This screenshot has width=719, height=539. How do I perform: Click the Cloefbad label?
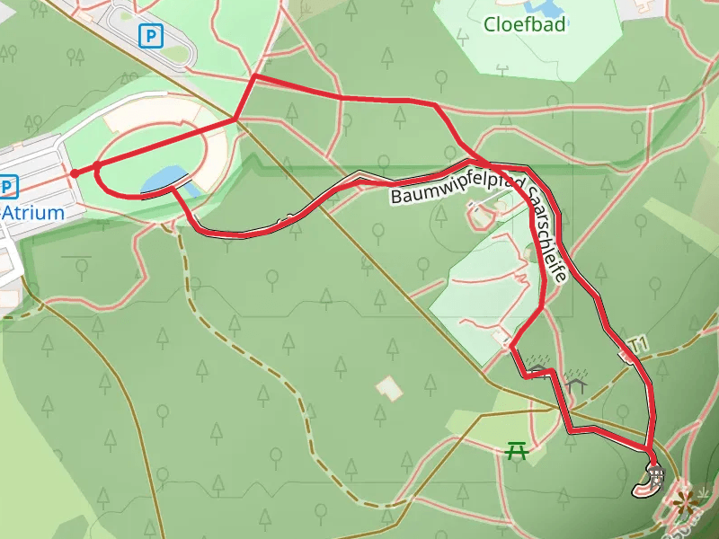pyautogui.click(x=525, y=24)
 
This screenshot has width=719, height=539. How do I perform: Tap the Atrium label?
pyautogui.click(x=34, y=213)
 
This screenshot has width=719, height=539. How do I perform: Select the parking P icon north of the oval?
pyautogui.click(x=151, y=36)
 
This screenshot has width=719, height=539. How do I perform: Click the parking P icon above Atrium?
pyautogui.click(x=8, y=187)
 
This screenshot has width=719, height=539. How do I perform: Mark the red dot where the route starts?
pyautogui.click(x=75, y=172)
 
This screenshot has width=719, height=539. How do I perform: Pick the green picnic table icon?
pyautogui.click(x=517, y=449)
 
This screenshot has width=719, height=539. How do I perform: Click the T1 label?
pyautogui.click(x=639, y=343)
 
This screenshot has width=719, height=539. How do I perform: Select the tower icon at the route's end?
pyautogui.click(x=655, y=472)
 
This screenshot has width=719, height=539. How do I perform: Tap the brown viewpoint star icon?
pyautogui.click(x=686, y=500)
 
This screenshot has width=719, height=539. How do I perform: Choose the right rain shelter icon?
pyautogui.click(x=576, y=381)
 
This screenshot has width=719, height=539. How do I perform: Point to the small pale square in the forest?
pyautogui.click(x=388, y=388)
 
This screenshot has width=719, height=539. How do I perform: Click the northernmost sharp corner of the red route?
pyautogui.click(x=255, y=76)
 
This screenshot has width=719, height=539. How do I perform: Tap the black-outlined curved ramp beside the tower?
pyautogui.click(x=644, y=488)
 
